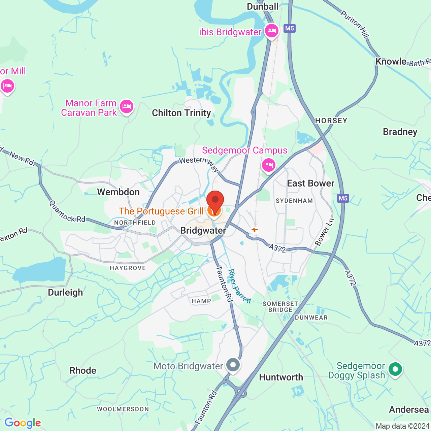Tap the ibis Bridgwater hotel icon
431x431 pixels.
(271, 31)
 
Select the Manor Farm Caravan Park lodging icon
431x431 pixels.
(126, 107)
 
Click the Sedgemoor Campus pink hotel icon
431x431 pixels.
(269, 165)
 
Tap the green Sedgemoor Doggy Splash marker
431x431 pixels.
(395, 369)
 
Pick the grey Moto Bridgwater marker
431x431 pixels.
(233, 365)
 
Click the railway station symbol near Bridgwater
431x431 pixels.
(255, 230)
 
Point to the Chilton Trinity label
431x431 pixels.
(181, 113)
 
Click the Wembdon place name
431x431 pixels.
(118, 192)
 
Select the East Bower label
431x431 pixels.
(310, 184)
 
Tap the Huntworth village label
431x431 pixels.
(281, 377)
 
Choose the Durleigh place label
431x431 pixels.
(65, 292)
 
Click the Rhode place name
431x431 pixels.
(83, 371)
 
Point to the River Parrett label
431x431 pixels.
(239, 286)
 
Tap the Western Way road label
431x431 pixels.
(199, 164)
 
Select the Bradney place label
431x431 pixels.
(400, 132)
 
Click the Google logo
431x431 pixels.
(23, 423)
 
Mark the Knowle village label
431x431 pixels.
(391, 62)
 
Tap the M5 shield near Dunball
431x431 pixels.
(290, 28)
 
